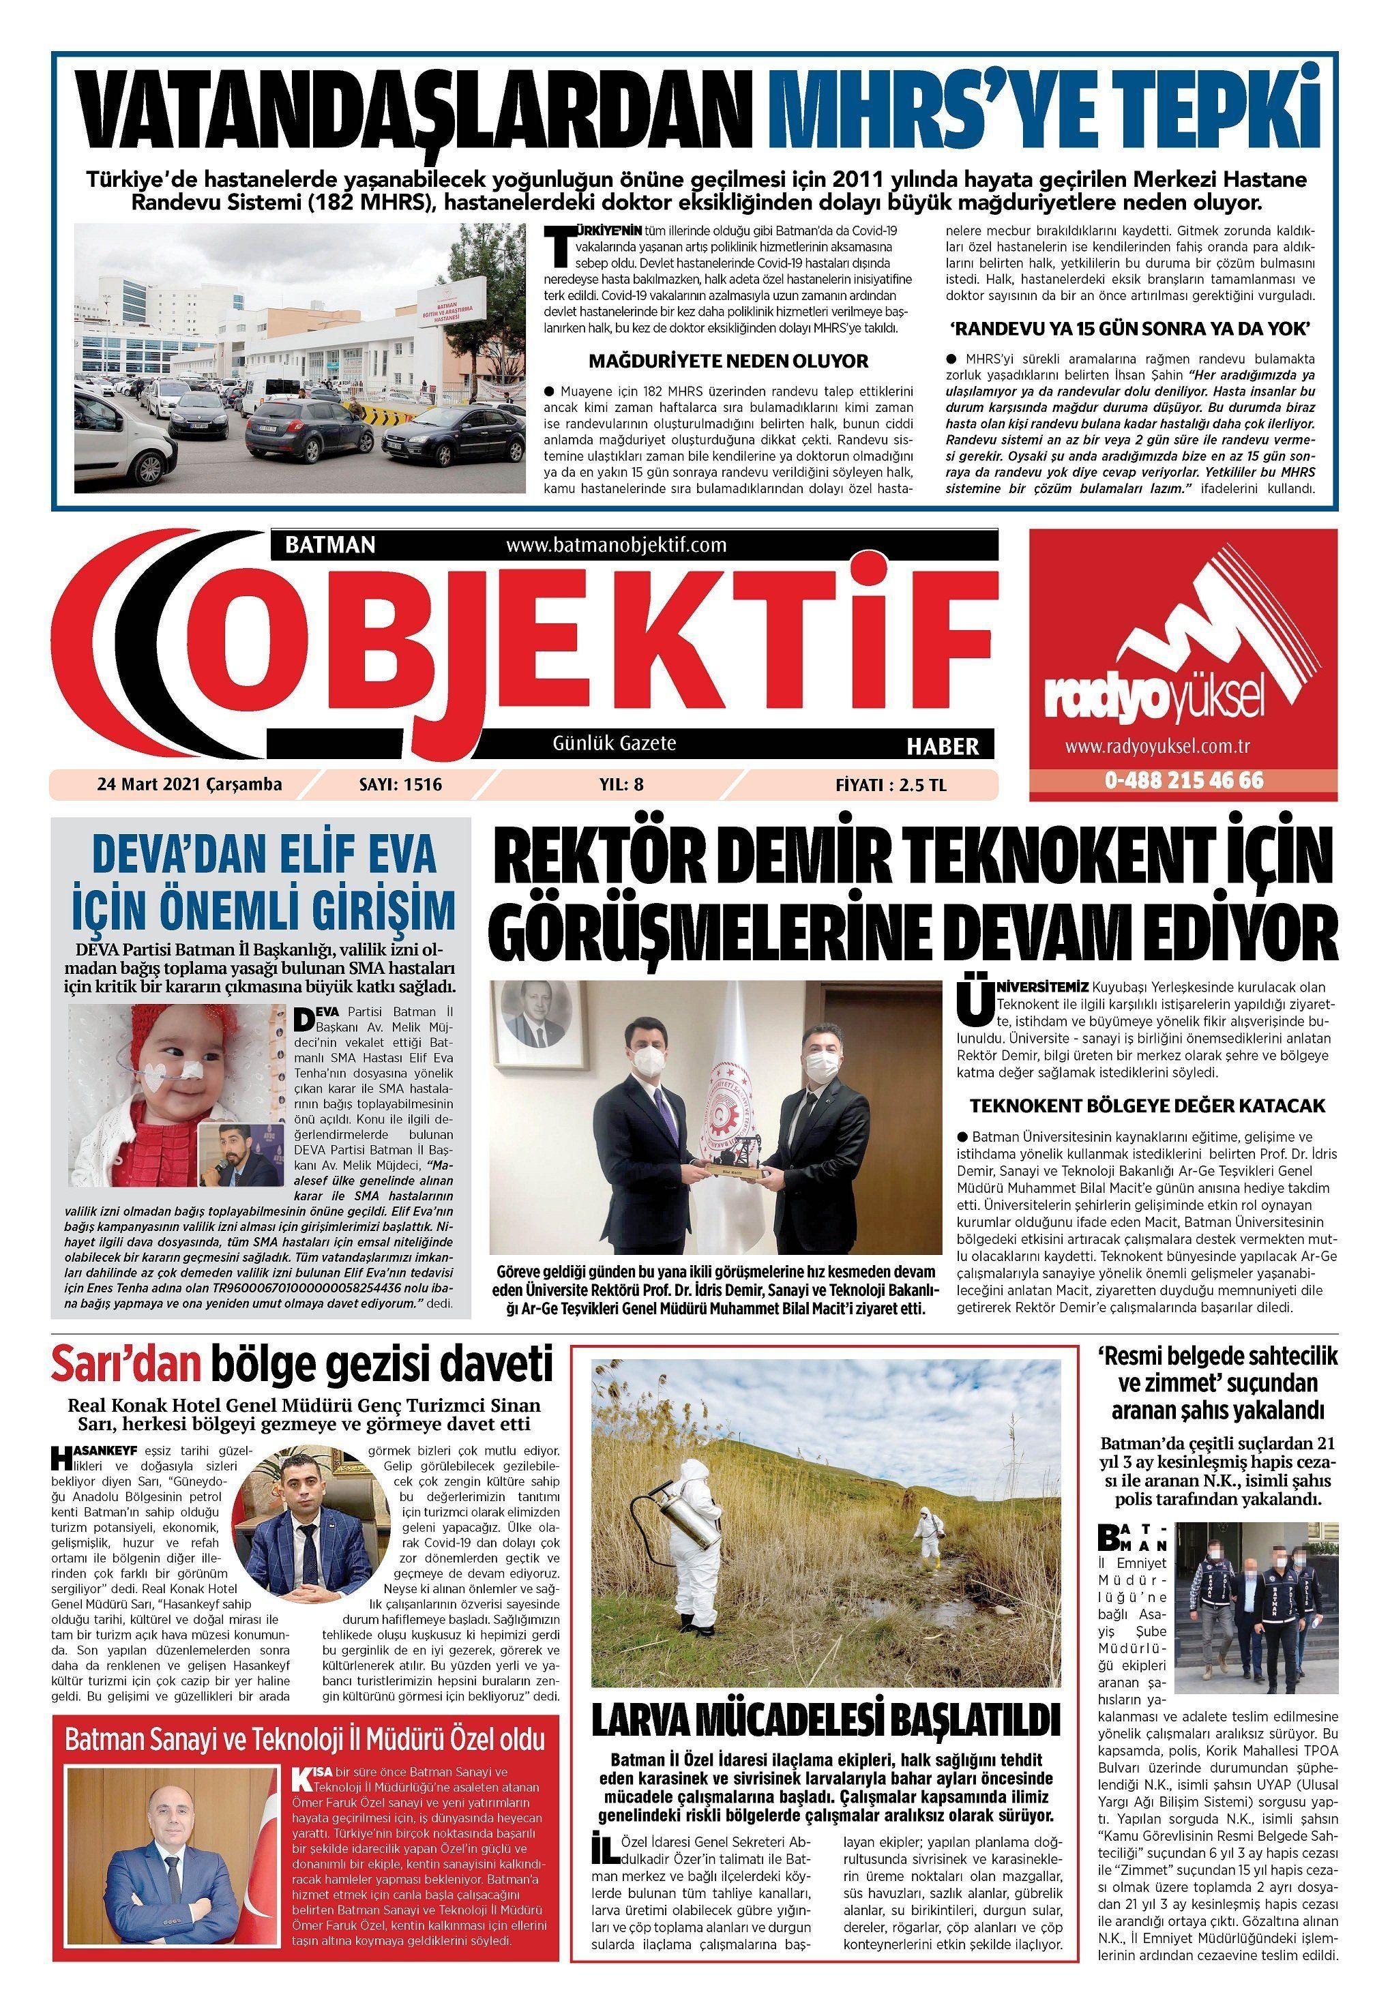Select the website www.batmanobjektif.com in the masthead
615,546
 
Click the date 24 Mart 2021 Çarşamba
189,784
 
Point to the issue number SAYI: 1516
400,784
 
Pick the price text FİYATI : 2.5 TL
890,784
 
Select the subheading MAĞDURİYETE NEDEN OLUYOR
728,361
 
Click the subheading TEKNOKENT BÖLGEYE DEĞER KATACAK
1147,1106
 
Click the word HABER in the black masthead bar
943,746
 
